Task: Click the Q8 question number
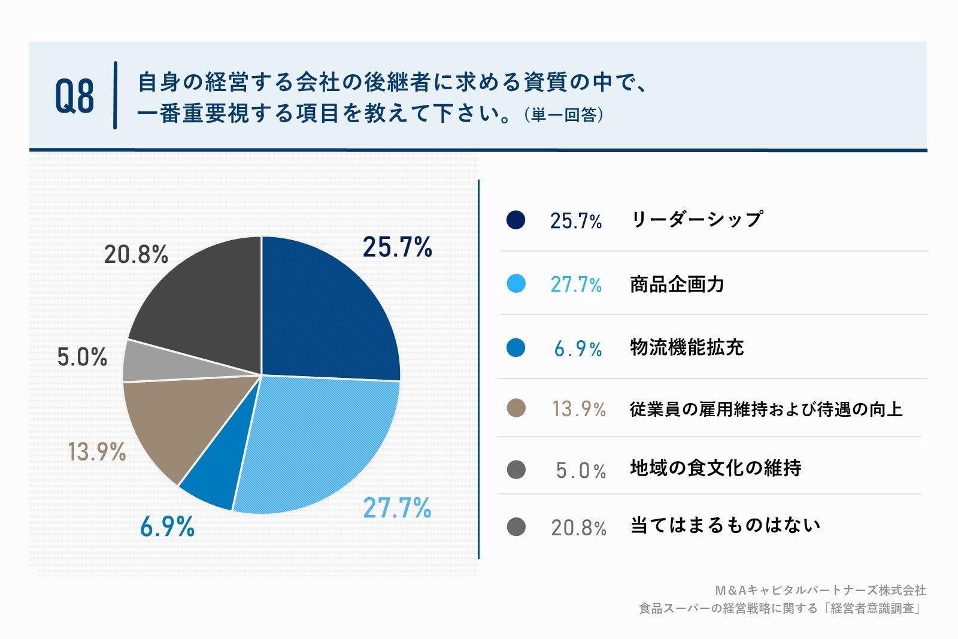pyautogui.click(x=75, y=96)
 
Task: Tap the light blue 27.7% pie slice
pyautogui.click(x=317, y=443)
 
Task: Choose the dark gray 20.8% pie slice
pyautogui.click(x=204, y=299)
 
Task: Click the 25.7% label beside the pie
pyautogui.click(x=397, y=247)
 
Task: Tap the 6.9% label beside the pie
pyautogui.click(x=167, y=526)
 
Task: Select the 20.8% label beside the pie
pyautogui.click(x=136, y=255)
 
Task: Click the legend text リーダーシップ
pyautogui.click(x=696, y=220)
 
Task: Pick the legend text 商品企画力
pyautogui.click(x=677, y=284)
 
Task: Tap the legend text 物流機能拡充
pyautogui.click(x=686, y=347)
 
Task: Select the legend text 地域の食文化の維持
pyautogui.click(x=715, y=468)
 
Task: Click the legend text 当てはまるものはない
pyautogui.click(x=724, y=525)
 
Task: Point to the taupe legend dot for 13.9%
pyautogui.click(x=516, y=408)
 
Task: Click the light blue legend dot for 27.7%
pyautogui.click(x=516, y=283)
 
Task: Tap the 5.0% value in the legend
pyautogui.click(x=580, y=470)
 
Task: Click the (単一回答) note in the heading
pyautogui.click(x=563, y=114)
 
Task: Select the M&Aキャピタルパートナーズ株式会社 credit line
pyautogui.click(x=820, y=590)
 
